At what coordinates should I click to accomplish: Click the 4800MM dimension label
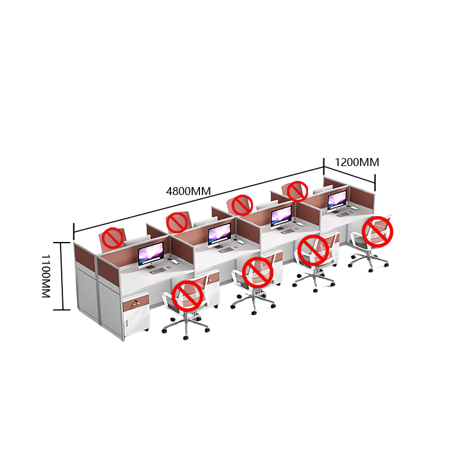[188, 191]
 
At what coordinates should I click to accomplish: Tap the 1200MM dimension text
[357, 162]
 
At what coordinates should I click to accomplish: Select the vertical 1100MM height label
[46, 276]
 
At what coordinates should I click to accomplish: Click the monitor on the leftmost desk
[151, 254]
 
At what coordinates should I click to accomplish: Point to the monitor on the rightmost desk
[337, 201]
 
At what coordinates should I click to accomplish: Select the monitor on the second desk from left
[219, 235]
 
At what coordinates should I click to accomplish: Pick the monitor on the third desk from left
[282, 217]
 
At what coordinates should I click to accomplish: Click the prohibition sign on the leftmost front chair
[187, 296]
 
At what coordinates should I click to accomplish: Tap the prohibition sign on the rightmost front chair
[377, 231]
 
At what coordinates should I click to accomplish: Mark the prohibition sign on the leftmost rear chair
[112, 238]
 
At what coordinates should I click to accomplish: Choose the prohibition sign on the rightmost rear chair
[298, 191]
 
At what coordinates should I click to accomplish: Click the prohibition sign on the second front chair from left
[257, 272]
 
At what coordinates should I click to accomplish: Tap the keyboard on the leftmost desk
[157, 270]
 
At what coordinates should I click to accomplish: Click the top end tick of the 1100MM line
[62, 243]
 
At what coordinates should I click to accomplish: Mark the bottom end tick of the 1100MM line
[62, 310]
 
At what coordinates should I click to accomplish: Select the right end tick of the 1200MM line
[375, 183]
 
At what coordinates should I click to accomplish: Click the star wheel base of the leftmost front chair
[186, 327]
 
